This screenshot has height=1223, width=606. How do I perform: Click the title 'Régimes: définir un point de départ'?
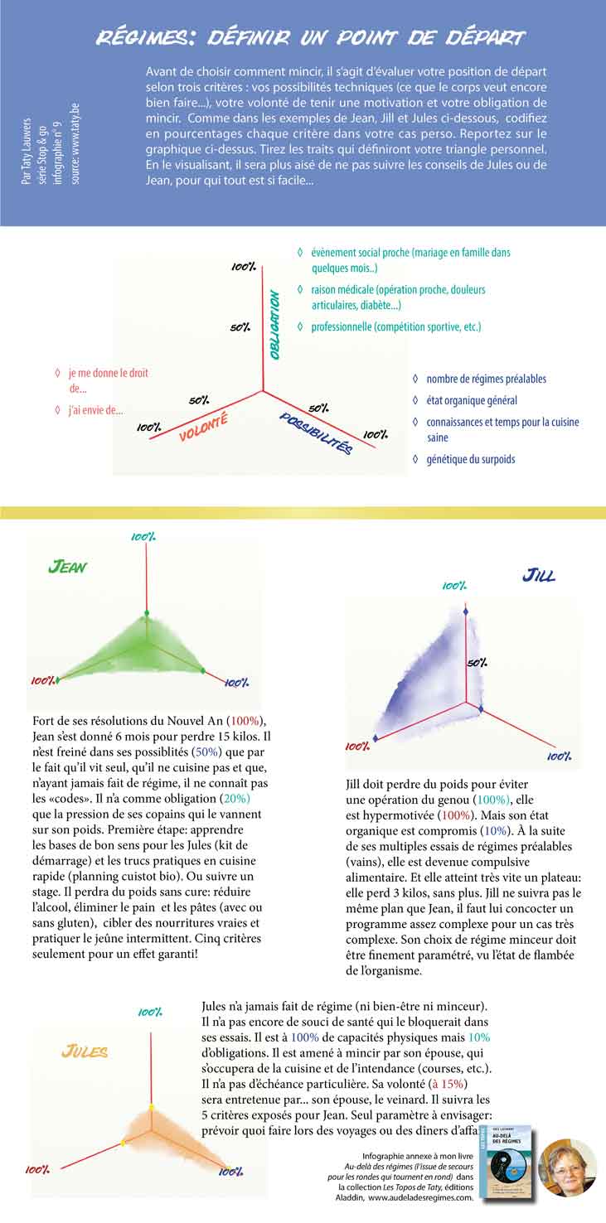click(x=310, y=37)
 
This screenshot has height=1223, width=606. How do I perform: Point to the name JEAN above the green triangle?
click(x=68, y=568)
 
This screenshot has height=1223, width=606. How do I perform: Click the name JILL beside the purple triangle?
click(x=539, y=575)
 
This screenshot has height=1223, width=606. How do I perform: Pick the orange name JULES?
click(x=85, y=1051)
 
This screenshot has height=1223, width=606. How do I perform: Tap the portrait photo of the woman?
click(x=567, y=1167)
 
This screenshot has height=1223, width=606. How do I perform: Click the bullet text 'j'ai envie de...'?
click(x=96, y=409)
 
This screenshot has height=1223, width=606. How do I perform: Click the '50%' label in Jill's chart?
click(x=476, y=663)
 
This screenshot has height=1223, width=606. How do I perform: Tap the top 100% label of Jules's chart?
click(x=150, y=1012)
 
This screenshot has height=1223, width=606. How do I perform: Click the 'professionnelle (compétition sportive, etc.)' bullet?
click(x=395, y=327)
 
